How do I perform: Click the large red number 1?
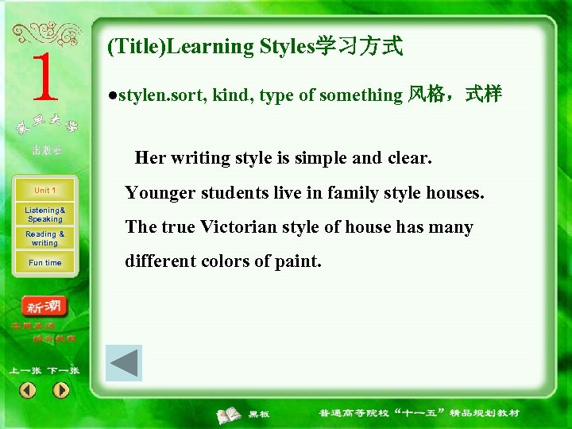(x=44, y=78)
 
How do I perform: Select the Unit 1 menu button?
(x=44, y=191)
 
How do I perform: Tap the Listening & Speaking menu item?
(x=44, y=214)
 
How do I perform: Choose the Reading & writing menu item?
(x=44, y=238)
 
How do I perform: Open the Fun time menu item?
(x=44, y=263)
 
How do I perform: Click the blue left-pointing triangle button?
(x=124, y=364)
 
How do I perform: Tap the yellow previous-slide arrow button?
(x=28, y=390)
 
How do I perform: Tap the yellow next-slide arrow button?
(x=61, y=390)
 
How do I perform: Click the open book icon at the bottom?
(x=230, y=414)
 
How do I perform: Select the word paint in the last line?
(x=296, y=261)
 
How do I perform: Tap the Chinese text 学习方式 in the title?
(x=359, y=47)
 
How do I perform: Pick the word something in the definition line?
(x=363, y=95)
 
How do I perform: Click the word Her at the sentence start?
(x=150, y=157)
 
